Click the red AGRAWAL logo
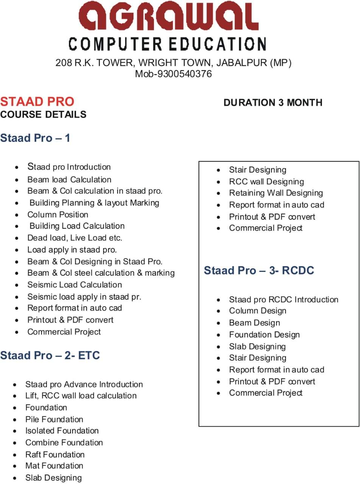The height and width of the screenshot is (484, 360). (169, 16)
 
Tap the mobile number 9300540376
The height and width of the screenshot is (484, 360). (185, 74)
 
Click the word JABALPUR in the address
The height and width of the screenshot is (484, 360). (242, 63)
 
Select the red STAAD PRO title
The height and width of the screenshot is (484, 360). (37, 102)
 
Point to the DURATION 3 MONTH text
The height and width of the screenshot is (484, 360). (273, 102)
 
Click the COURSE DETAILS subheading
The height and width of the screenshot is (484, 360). (43, 115)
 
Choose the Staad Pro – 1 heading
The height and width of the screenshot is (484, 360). (35, 138)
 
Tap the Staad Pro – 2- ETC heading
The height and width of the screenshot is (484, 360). (50, 355)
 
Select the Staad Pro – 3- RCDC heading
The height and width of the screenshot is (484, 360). (259, 270)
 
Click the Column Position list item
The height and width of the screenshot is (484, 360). (58, 215)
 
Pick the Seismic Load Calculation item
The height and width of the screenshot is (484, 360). (74, 285)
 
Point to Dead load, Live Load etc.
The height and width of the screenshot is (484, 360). (74, 238)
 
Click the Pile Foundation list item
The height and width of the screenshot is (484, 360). (54, 419)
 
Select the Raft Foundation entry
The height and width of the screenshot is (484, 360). (55, 455)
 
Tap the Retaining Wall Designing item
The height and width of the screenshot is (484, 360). (276, 193)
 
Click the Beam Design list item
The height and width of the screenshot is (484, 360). (254, 323)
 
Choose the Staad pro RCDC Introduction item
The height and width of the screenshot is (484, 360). (284, 299)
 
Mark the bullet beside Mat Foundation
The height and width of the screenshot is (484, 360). (15, 467)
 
